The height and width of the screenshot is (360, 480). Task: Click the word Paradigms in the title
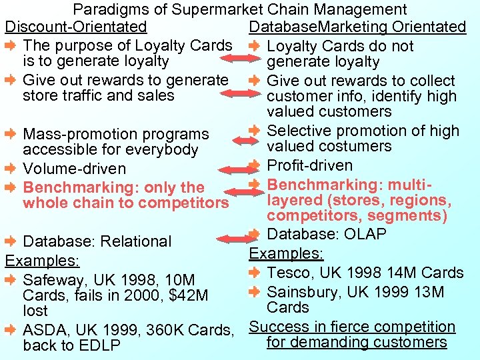pyautogui.click(x=104, y=10)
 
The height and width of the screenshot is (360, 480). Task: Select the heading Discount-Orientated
pyautogui.click(x=76, y=27)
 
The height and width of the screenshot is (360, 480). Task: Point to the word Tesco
pyautogui.click(x=289, y=273)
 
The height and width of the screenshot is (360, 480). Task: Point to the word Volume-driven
pyautogui.click(x=74, y=169)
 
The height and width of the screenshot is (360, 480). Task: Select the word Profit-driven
pyautogui.click(x=310, y=165)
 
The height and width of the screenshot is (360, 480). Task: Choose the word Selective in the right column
pyautogui.click(x=297, y=131)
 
